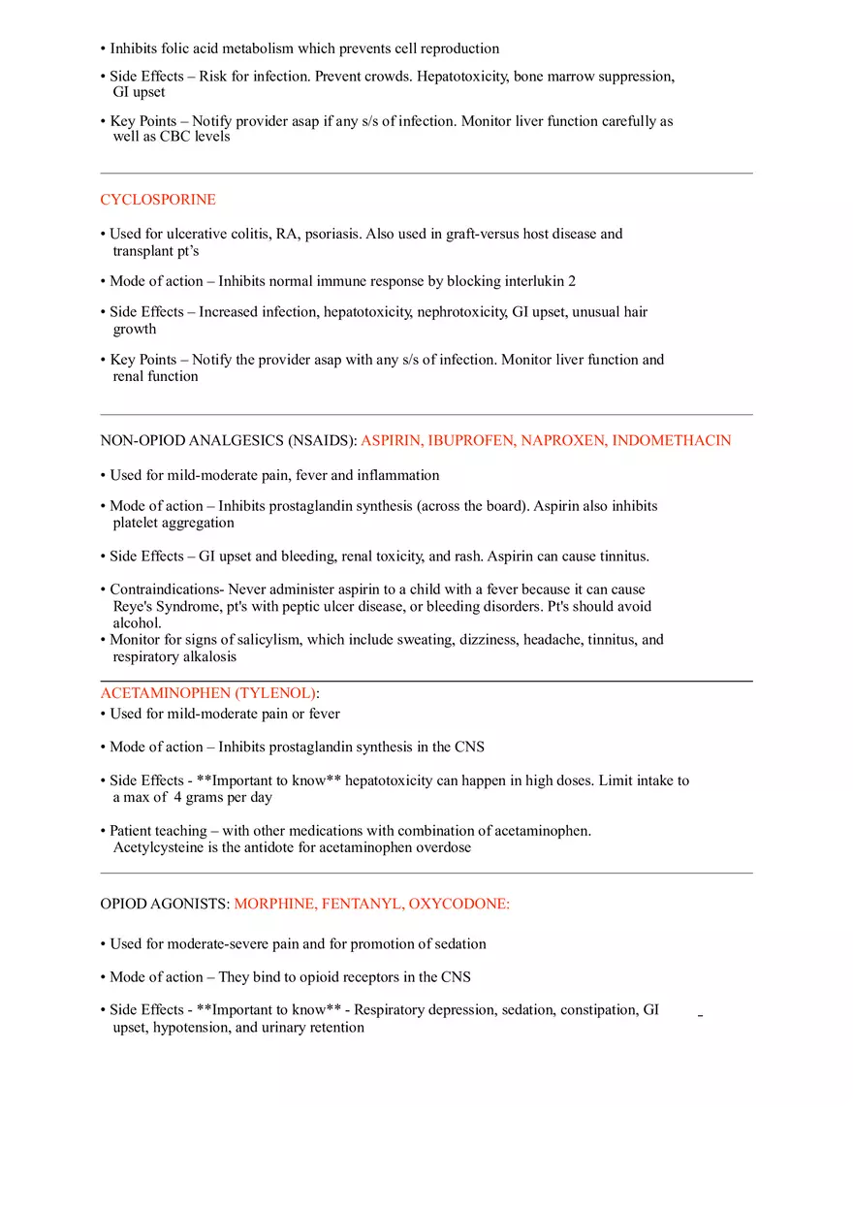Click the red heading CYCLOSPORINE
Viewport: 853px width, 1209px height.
(x=158, y=200)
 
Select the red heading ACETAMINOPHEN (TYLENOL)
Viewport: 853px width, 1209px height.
(x=208, y=693)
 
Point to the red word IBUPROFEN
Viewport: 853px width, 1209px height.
(x=469, y=440)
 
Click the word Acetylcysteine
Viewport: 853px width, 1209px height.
(x=158, y=847)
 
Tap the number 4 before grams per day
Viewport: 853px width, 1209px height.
(x=178, y=798)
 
